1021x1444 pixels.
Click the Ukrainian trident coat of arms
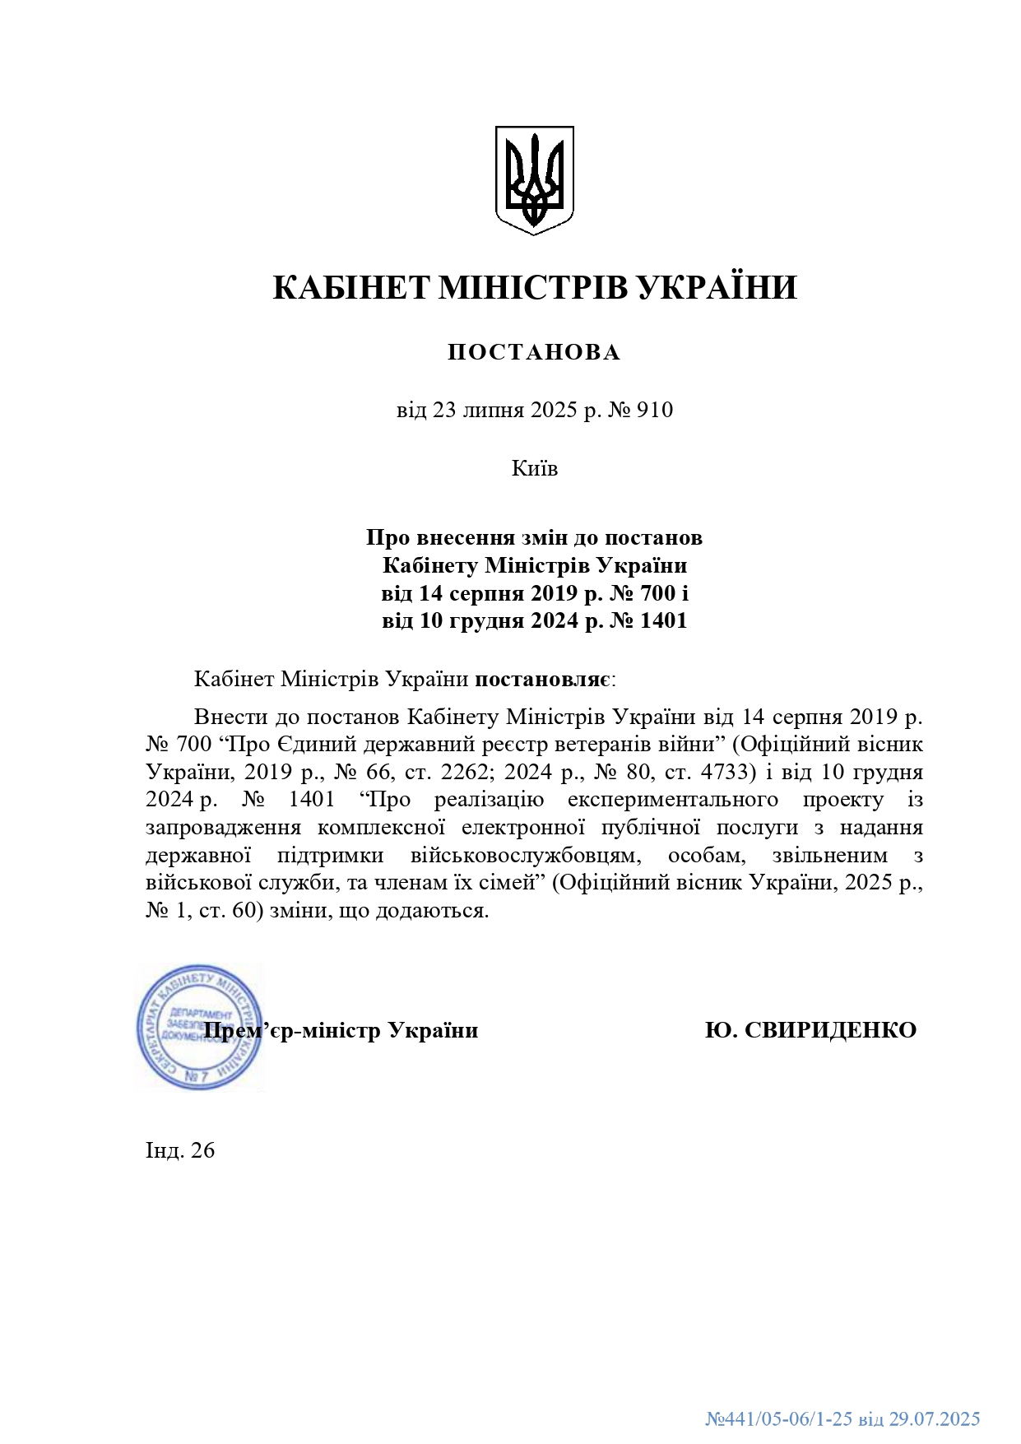(x=534, y=179)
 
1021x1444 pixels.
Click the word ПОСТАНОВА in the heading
(x=534, y=352)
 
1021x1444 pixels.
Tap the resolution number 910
(x=655, y=410)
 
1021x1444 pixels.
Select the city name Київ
(x=535, y=468)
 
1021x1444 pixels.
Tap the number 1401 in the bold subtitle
(x=663, y=620)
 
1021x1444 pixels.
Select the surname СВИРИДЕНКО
(x=830, y=1030)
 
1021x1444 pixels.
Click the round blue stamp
(x=198, y=1028)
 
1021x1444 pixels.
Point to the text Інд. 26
(x=180, y=1150)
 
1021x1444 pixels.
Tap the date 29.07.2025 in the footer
(x=935, y=1418)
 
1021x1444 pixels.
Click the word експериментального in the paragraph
(x=672, y=800)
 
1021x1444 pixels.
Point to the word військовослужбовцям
(x=526, y=855)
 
